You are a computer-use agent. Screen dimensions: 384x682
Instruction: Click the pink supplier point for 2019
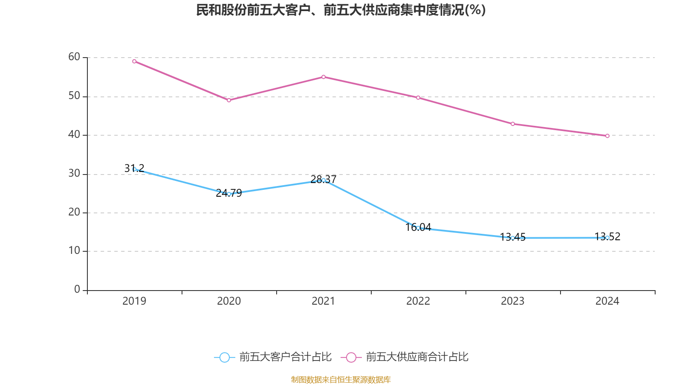click(134, 61)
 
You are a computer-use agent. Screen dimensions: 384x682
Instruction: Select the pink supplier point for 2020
click(229, 100)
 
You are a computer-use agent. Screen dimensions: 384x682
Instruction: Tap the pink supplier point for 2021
click(324, 77)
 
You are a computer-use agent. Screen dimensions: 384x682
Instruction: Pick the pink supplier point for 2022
click(418, 98)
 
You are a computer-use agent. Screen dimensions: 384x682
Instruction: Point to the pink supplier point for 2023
click(513, 124)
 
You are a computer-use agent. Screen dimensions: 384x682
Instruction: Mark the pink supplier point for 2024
click(607, 136)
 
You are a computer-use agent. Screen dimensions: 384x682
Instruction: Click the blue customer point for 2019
click(134, 169)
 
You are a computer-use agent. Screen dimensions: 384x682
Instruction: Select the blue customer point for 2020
click(229, 194)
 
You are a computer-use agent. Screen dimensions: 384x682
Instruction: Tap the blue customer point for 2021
click(324, 180)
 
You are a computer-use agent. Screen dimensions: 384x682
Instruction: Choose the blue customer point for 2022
click(418, 228)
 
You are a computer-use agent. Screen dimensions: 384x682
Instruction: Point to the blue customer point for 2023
click(513, 238)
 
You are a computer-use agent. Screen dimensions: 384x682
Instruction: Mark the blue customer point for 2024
click(607, 238)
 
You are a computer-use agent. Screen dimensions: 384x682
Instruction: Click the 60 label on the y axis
click(74, 57)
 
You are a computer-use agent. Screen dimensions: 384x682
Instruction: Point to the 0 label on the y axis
click(77, 290)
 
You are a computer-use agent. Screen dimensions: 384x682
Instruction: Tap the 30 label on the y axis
click(74, 173)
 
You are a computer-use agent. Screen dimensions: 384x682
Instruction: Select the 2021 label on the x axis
click(324, 301)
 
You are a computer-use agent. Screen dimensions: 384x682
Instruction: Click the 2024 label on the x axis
click(607, 301)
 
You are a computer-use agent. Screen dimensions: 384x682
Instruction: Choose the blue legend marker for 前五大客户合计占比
click(225, 358)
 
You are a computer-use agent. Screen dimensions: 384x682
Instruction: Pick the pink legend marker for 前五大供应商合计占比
click(351, 358)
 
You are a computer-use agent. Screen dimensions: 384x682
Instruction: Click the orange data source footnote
click(341, 379)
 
